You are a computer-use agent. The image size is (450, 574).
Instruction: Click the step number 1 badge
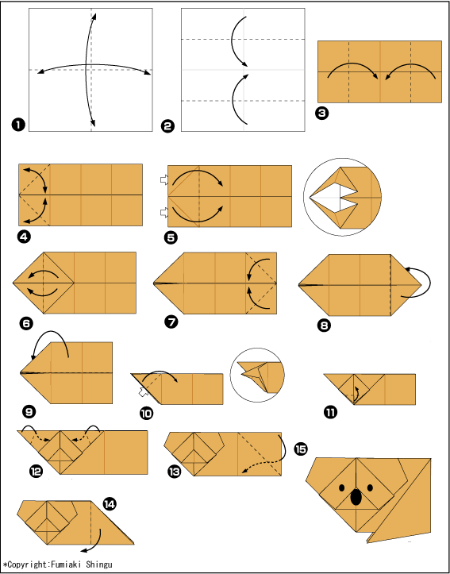point(18,125)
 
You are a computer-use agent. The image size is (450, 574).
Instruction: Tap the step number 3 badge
point(321,114)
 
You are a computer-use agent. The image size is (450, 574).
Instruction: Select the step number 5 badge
point(171,237)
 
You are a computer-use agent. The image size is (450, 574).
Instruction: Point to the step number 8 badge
point(324,325)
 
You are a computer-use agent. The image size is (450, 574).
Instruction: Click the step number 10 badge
point(146,414)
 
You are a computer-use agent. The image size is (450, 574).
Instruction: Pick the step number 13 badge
point(173,472)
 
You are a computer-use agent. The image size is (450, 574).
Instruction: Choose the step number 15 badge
point(301,449)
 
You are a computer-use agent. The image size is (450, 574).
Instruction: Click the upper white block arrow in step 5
point(164,179)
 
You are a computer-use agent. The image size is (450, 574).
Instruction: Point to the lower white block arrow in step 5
point(164,212)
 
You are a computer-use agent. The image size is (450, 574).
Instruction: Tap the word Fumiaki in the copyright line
point(66,564)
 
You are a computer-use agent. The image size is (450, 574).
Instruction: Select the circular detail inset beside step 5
point(342,198)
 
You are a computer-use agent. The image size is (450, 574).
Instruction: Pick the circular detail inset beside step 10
point(257,375)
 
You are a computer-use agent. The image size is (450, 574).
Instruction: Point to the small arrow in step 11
point(356,393)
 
